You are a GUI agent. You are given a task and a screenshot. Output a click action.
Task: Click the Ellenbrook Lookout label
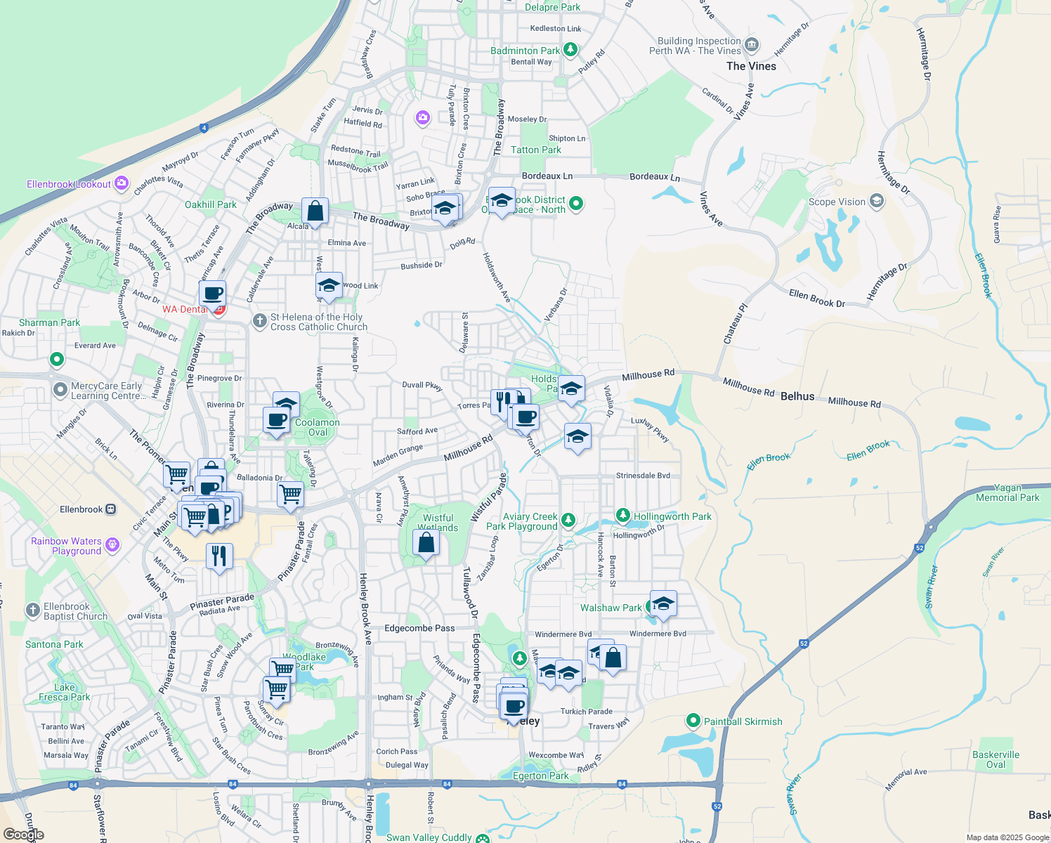pos(69,184)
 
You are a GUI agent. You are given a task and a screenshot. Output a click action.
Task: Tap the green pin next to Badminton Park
pos(570,50)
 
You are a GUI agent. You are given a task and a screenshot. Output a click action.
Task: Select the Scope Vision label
pos(837,202)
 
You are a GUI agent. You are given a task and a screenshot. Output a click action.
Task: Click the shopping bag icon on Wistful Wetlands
pos(426,543)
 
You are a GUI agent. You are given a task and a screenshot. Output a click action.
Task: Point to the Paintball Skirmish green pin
pos(693,721)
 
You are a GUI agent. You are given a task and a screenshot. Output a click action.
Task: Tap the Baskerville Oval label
pos(995,759)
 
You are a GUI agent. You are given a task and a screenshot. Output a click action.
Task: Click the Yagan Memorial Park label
pos(1007,492)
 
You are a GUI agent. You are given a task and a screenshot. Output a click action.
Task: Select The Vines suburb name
pos(751,66)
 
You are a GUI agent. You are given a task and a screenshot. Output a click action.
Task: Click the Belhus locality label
pos(797,396)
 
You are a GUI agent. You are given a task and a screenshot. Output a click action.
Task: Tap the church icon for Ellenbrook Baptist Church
pos(33,610)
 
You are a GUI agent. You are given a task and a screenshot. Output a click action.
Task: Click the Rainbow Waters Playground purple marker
pos(112,545)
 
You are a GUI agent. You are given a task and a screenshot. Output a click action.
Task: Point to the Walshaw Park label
pos(611,608)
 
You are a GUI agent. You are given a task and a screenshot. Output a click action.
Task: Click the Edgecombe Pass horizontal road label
pos(419,628)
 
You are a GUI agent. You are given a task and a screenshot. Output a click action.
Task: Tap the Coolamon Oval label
pos(318,427)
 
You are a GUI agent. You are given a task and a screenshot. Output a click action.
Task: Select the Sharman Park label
pos(49,322)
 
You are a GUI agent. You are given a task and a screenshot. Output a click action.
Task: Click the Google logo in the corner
pos(24,835)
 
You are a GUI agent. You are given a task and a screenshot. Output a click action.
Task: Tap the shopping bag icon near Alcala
pos(315,210)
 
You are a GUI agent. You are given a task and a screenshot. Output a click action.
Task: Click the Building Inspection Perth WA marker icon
pos(751,46)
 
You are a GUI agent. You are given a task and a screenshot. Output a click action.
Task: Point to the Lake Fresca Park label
pos(65,692)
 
